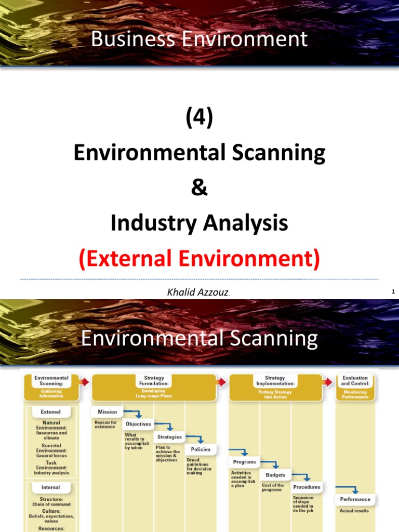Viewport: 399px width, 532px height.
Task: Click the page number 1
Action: tap(393, 292)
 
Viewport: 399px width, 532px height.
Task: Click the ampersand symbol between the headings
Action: tap(199, 188)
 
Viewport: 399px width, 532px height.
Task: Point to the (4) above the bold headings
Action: tap(199, 119)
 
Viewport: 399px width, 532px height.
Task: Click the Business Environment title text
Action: tap(199, 39)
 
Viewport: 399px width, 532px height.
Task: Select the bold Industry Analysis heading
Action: tap(199, 223)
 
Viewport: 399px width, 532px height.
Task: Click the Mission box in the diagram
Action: tap(107, 411)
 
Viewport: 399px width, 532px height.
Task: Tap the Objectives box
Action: tap(138, 424)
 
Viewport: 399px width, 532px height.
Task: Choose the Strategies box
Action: tap(169, 437)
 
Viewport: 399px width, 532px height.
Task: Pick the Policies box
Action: tap(200, 449)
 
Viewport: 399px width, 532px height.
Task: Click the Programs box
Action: tap(244, 462)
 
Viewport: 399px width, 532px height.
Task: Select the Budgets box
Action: tap(275, 474)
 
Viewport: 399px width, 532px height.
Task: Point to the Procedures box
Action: tap(307, 487)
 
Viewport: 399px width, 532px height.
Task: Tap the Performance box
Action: tap(355, 499)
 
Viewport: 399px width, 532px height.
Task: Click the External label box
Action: tap(50, 412)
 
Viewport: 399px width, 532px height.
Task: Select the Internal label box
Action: tap(50, 487)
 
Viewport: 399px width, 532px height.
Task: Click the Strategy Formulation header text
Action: tap(153, 381)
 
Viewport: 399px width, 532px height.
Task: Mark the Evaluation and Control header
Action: tap(355, 381)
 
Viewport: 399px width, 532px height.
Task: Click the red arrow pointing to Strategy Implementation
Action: tap(222, 382)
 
